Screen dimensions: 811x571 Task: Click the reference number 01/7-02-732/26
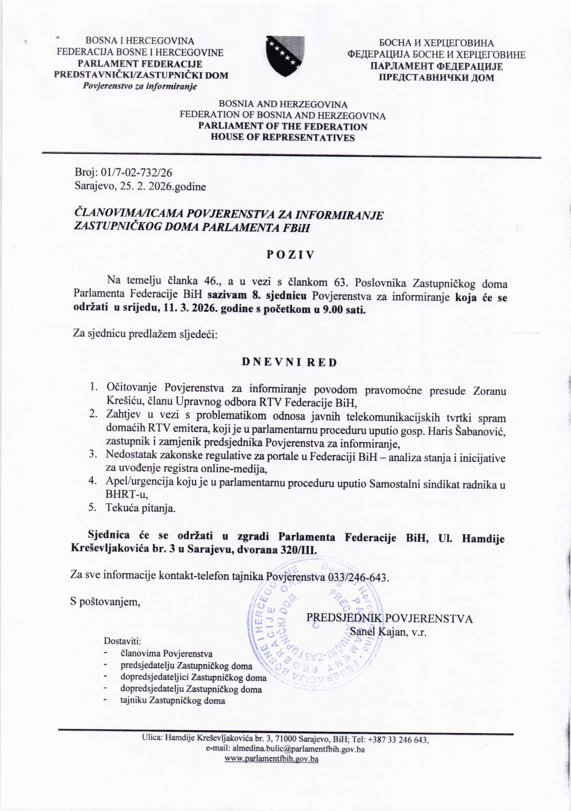pos(137,172)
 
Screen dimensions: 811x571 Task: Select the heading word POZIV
pos(290,255)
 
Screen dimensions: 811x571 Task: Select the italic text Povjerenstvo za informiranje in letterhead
pos(139,86)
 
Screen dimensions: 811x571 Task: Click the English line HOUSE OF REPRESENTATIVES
pos(283,137)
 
